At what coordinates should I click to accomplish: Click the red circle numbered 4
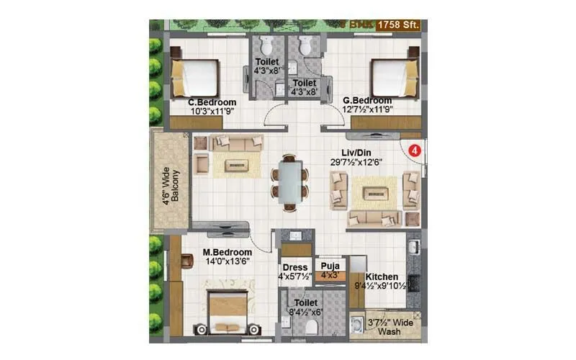pos(414,150)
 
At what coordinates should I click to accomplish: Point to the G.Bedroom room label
pos(367,100)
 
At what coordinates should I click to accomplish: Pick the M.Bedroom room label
pos(227,252)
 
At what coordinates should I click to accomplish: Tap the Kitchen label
pos(382,276)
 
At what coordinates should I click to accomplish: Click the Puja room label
pos(330,265)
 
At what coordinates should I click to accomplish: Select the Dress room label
pos(294,267)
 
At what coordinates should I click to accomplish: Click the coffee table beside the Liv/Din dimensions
pos(375,192)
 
